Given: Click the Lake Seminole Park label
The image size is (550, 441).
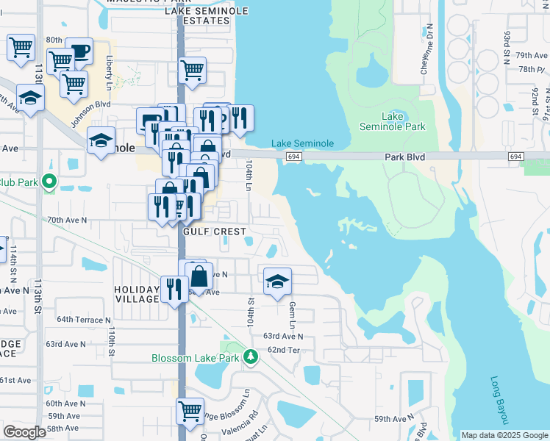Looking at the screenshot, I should coord(393,121).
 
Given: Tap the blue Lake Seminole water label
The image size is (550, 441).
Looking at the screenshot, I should coord(302,143).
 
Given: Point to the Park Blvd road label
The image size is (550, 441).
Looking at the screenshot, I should coord(404,157).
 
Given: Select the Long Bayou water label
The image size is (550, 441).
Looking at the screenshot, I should coord(499,401).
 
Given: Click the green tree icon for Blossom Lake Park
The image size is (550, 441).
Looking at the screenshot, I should coord(251,357).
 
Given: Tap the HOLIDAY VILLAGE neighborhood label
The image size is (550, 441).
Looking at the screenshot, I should coord(137,294).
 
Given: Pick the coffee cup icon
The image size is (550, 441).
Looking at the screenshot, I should coord(79,51).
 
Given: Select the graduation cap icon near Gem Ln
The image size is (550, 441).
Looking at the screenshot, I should coord(277,282).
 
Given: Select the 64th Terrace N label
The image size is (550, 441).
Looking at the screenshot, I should coord(83,320).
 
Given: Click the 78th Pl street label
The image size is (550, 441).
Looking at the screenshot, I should coord(530,69).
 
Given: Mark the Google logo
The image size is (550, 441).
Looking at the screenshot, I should coord(24,432).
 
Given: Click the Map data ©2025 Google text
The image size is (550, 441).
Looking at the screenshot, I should coord(504,435).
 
